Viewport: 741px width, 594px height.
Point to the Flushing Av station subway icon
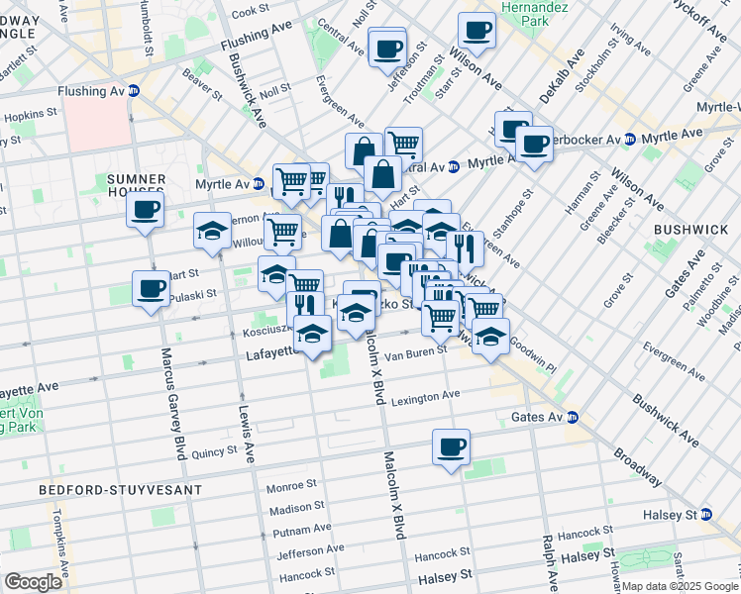(x=134, y=91)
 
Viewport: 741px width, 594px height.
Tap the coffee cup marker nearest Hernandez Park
(x=476, y=30)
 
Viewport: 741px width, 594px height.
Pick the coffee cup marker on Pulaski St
(x=152, y=289)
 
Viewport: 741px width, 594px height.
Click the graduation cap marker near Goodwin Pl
(x=490, y=336)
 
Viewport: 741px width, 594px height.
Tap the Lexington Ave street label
(x=425, y=395)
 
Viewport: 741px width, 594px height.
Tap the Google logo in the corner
(x=33, y=581)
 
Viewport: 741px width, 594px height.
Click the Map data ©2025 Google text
(x=680, y=586)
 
